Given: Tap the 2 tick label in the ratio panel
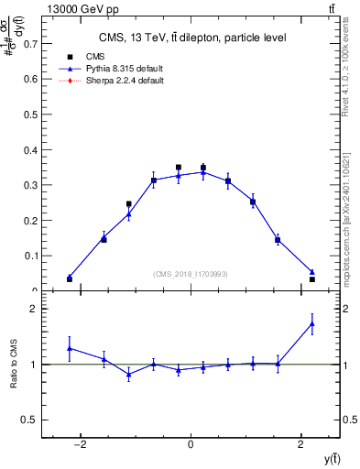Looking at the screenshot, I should pos(32,309).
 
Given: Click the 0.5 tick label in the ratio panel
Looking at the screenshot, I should pos(28,420).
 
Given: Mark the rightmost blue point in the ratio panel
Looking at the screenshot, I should pos(312,323).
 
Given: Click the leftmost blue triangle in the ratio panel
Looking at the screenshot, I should pos(69,348).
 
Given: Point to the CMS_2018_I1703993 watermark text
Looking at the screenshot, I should pos(191,274).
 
